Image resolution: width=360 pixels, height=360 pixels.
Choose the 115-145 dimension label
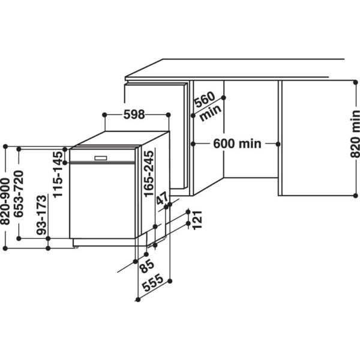pyautogui.click(x=58, y=174)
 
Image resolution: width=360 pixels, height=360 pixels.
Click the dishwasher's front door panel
pyautogui.click(x=102, y=201)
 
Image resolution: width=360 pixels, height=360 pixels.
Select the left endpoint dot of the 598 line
pyautogui.click(x=104, y=115)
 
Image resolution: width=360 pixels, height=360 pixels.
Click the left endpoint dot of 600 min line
pyautogui.click(x=193, y=143)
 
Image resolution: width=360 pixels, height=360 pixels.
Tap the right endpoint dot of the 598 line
pyautogui.click(x=169, y=115)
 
